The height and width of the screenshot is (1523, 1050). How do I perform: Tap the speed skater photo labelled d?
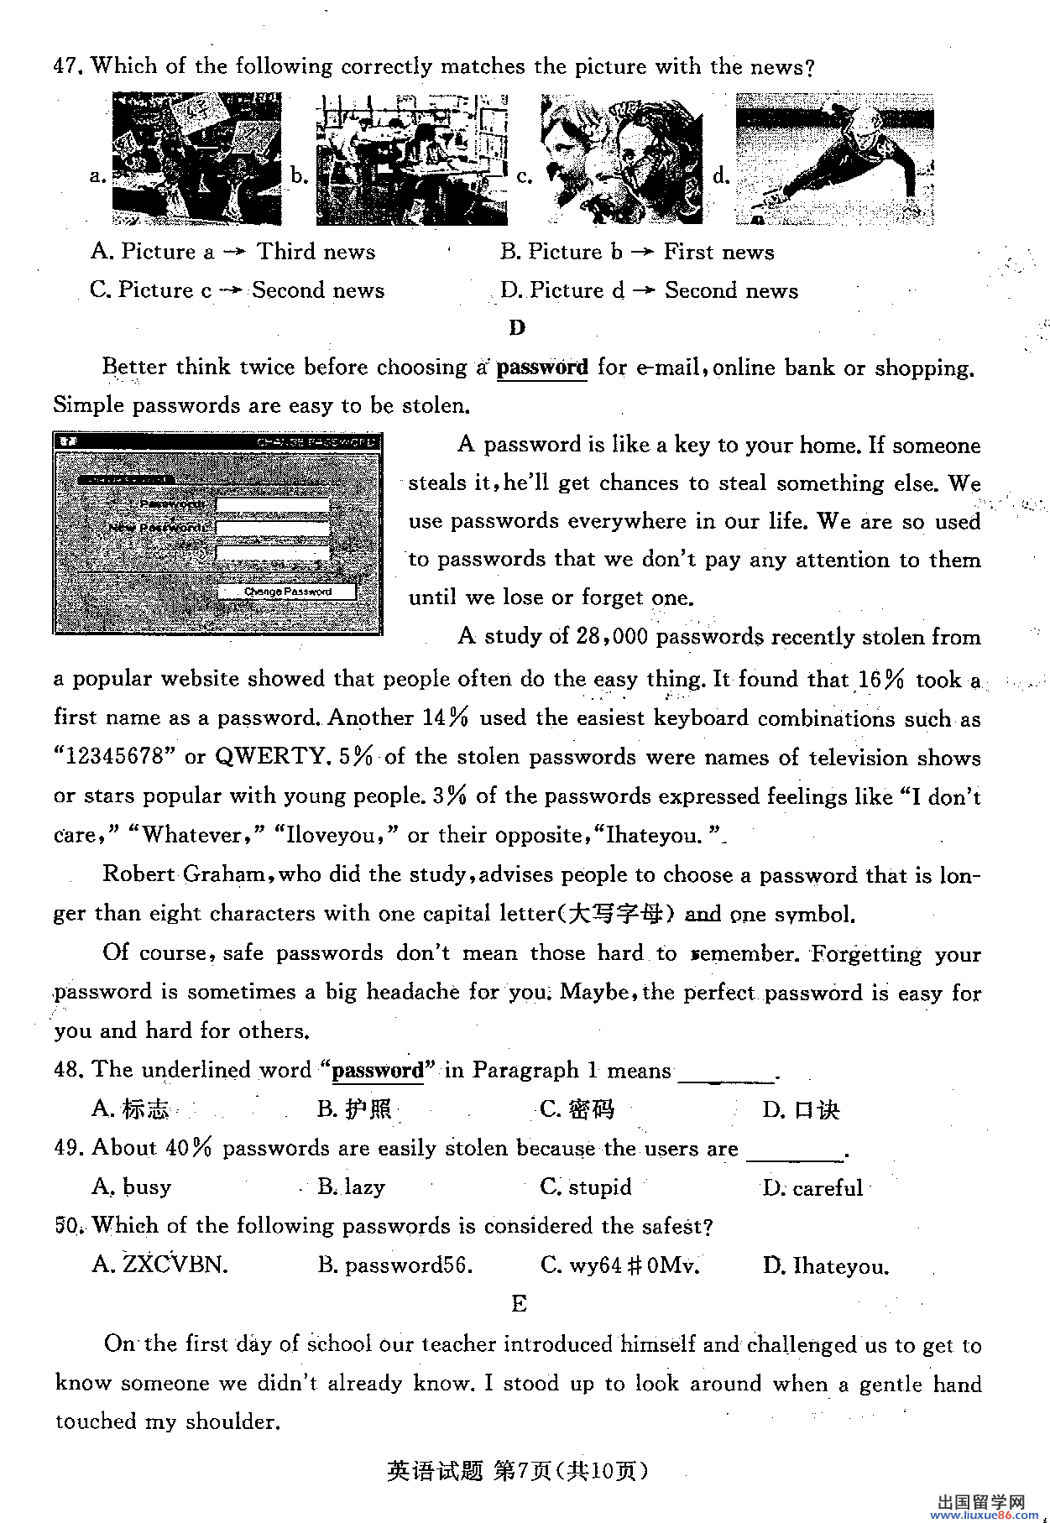tap(834, 159)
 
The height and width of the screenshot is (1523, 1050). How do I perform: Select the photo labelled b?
tap(411, 159)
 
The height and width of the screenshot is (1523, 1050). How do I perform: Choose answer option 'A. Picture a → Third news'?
tap(232, 252)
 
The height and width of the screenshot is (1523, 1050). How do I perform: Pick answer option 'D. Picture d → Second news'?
tap(649, 290)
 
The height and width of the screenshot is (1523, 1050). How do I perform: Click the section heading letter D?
tap(517, 328)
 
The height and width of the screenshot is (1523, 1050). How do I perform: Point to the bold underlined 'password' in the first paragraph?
tap(542, 368)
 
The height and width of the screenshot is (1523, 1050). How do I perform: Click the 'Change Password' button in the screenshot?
tap(287, 592)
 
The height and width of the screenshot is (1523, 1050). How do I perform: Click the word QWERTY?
tap(269, 757)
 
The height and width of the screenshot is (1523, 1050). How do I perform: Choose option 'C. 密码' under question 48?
tap(577, 1109)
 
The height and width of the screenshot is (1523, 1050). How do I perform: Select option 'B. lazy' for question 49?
tap(351, 1187)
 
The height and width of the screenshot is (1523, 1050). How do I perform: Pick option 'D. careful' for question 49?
tap(812, 1187)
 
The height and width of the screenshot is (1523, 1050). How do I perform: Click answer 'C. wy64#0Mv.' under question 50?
tap(620, 1265)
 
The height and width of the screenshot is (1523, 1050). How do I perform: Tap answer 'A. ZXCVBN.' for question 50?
tap(159, 1265)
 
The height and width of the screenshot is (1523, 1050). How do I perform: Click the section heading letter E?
tap(519, 1304)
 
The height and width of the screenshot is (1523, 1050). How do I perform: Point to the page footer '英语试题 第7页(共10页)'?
tap(518, 1470)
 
